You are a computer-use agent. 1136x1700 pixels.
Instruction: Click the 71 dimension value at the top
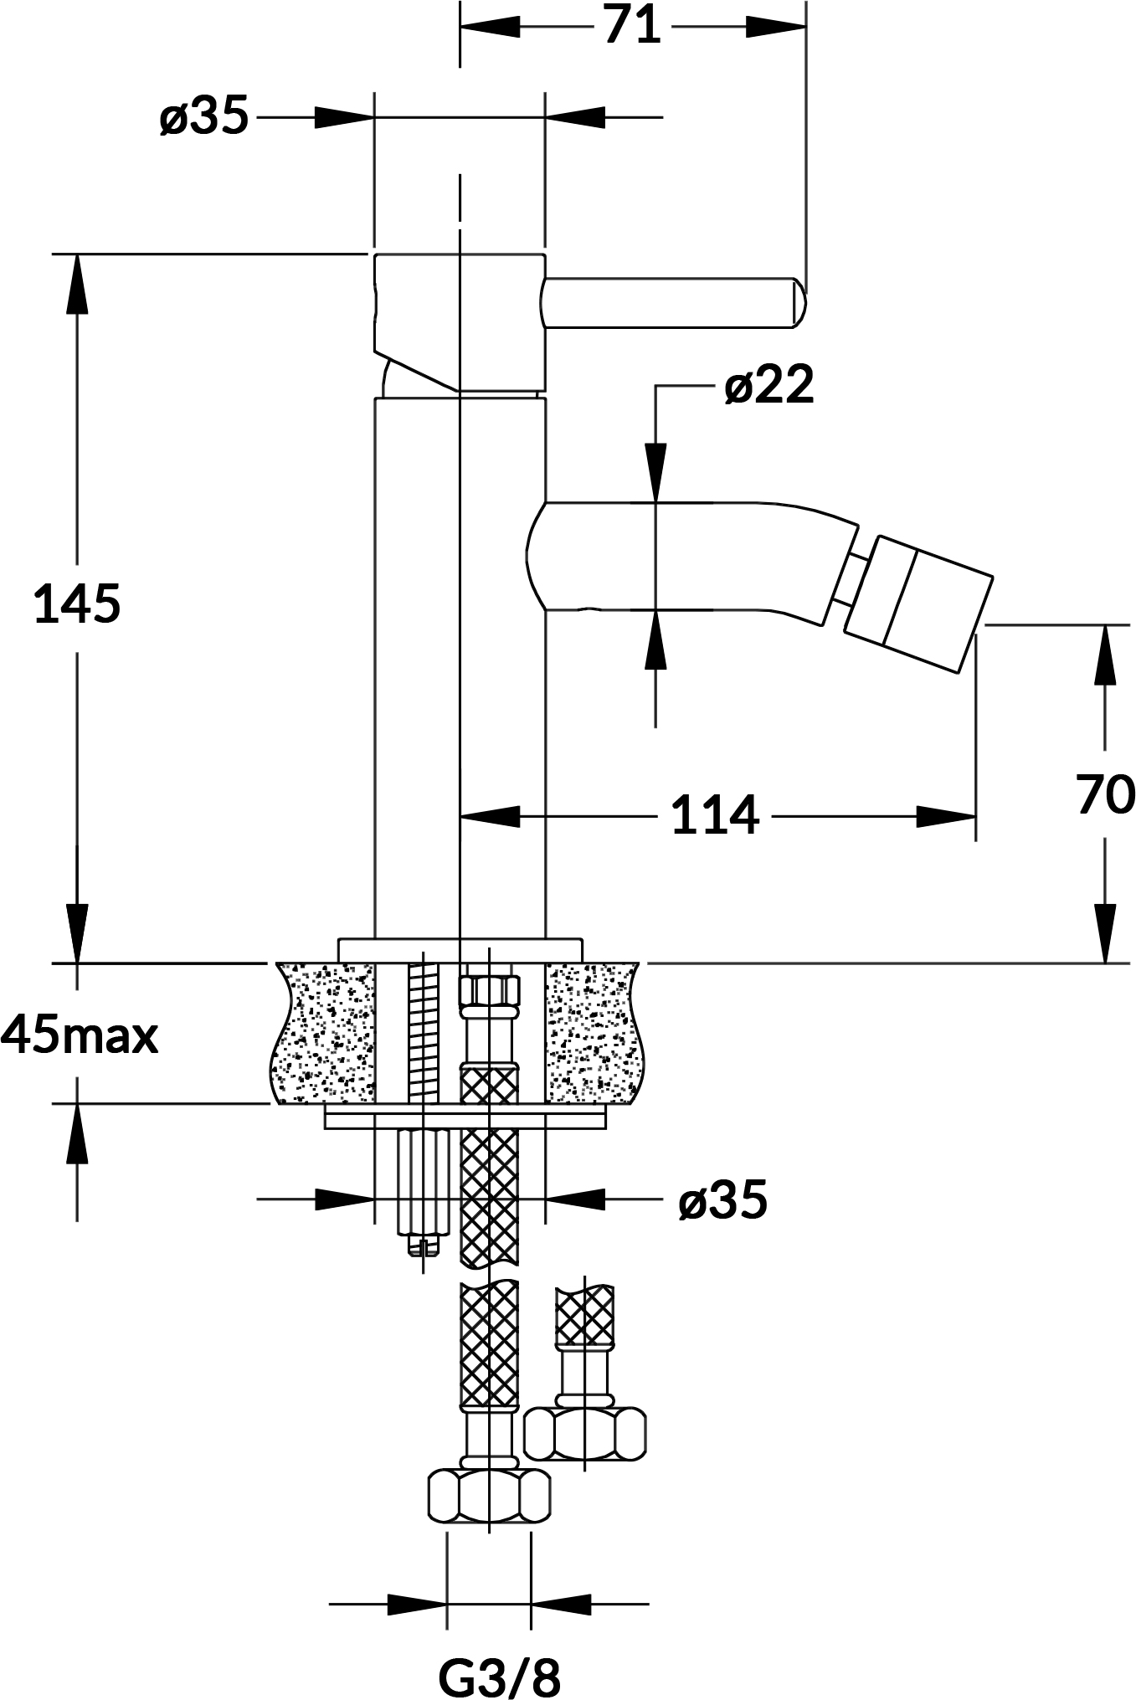pyautogui.click(x=632, y=26)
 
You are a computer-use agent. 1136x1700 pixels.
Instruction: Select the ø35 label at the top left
pyautogui.click(x=204, y=116)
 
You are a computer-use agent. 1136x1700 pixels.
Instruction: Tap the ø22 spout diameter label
pyautogui.click(x=769, y=386)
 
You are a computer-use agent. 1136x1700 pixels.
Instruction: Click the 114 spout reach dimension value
pyautogui.click(x=716, y=815)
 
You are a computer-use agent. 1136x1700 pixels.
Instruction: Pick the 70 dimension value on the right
pyautogui.click(x=1105, y=794)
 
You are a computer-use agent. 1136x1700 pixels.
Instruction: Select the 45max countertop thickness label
pyautogui.click(x=80, y=1036)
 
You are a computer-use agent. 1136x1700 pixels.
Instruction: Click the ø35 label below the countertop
pyautogui.click(x=722, y=1200)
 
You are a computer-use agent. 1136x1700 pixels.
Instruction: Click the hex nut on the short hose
pyautogui.click(x=585, y=1432)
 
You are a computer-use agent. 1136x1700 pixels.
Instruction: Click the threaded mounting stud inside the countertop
pyautogui.click(x=423, y=1033)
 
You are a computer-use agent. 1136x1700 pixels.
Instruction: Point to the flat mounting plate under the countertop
pyautogui.click(x=465, y=1120)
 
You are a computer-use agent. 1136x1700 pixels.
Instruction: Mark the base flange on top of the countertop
pyautogui.click(x=460, y=950)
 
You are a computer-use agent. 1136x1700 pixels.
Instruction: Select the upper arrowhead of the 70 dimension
pyautogui.click(x=1105, y=653)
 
